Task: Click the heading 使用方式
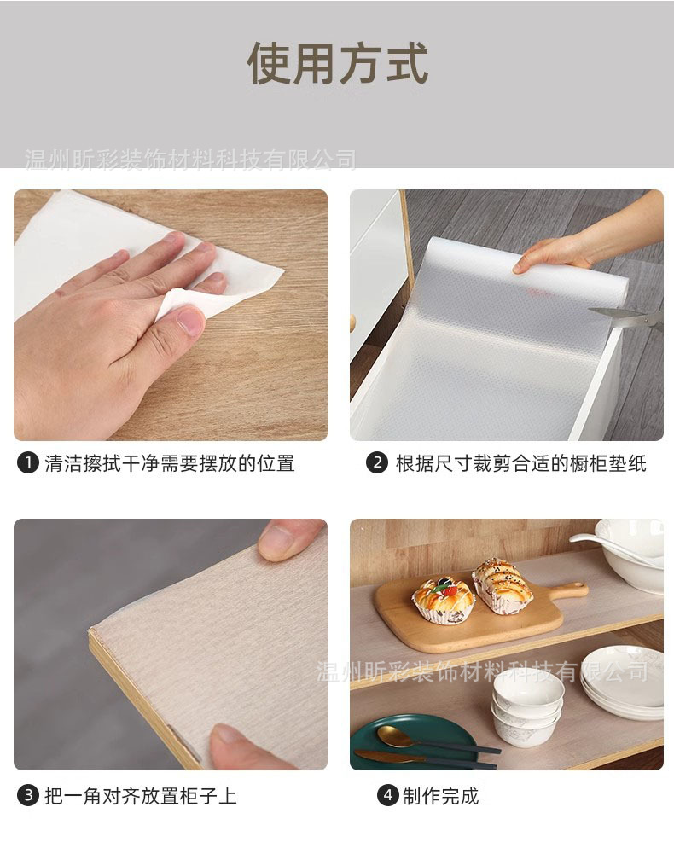pos(337,61)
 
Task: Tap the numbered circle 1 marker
pos(28,463)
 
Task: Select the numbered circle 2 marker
pos(377,463)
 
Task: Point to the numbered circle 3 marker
pos(28,796)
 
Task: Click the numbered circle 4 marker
pos(388,796)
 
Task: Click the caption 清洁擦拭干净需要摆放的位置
pos(169,463)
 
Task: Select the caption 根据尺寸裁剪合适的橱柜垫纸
pos(520,463)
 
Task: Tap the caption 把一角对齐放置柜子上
pos(141,796)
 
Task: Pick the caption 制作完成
pos(440,796)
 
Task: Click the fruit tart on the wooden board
pos(443,598)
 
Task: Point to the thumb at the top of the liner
pos(290,539)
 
